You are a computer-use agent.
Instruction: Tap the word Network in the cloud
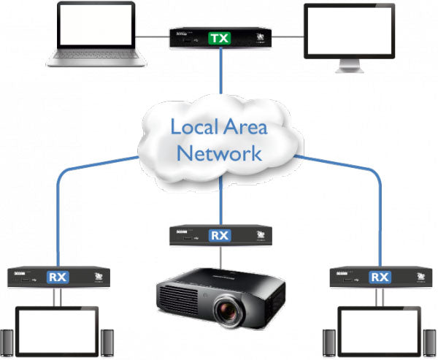click(219, 153)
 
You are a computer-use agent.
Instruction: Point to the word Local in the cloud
click(193, 127)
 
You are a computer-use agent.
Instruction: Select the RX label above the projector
click(219, 235)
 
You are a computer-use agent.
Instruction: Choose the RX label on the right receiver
click(380, 277)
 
